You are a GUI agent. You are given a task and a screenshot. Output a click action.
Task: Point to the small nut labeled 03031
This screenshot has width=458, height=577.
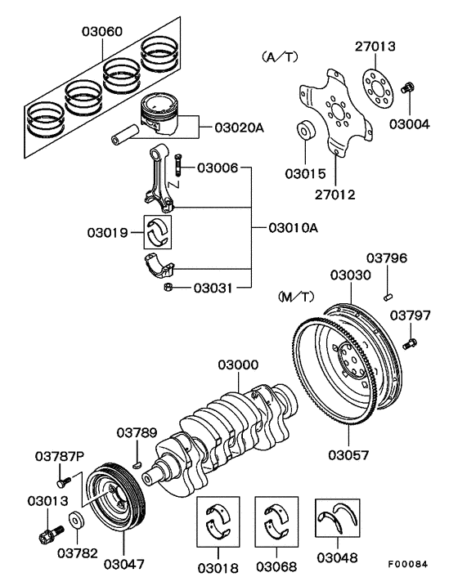click(168, 287)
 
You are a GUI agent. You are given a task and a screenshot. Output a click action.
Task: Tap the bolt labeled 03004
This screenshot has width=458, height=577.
click(410, 86)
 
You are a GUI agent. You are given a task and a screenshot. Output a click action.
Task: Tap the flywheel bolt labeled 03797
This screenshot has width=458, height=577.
click(412, 342)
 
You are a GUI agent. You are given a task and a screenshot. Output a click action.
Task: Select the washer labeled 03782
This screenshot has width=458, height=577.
click(75, 520)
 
